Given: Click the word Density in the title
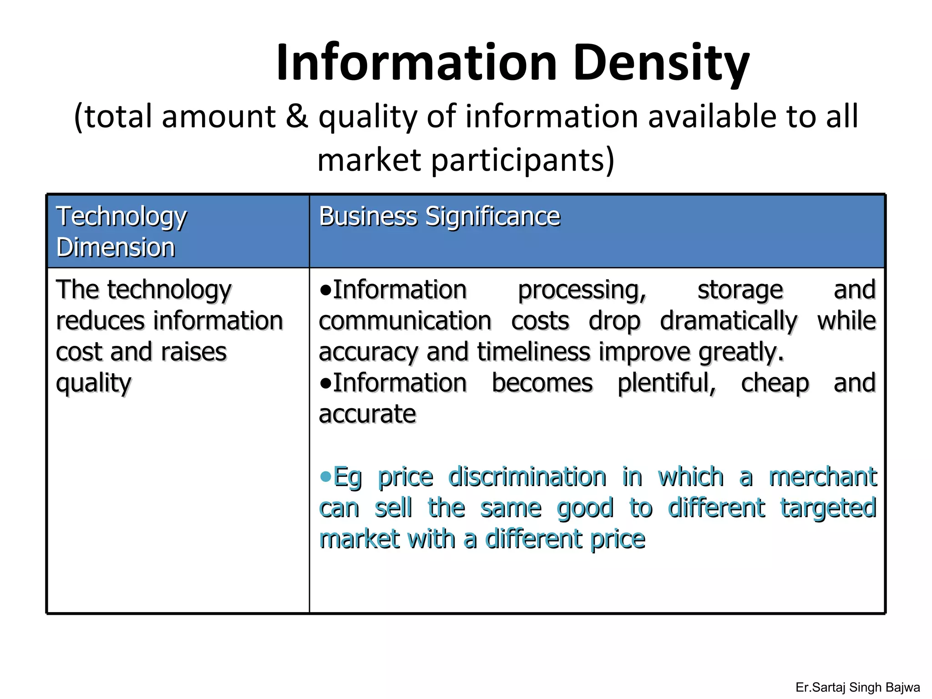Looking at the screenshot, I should [x=661, y=63].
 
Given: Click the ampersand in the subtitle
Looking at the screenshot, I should [x=297, y=116].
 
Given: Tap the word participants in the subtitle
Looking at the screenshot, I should [x=522, y=160].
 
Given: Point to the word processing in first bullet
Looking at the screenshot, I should [x=582, y=290].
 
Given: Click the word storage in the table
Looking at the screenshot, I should [x=740, y=290].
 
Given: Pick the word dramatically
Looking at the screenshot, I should [x=729, y=321].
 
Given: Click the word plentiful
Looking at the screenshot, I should [x=667, y=383].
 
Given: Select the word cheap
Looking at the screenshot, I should [x=775, y=383].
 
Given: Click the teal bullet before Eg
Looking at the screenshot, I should [x=325, y=476].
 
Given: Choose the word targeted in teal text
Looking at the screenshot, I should [x=828, y=508].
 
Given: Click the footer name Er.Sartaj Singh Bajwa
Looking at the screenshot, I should [x=857, y=687].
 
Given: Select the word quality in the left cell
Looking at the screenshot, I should [x=93, y=384].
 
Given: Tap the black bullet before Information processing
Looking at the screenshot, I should [x=325, y=290].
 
